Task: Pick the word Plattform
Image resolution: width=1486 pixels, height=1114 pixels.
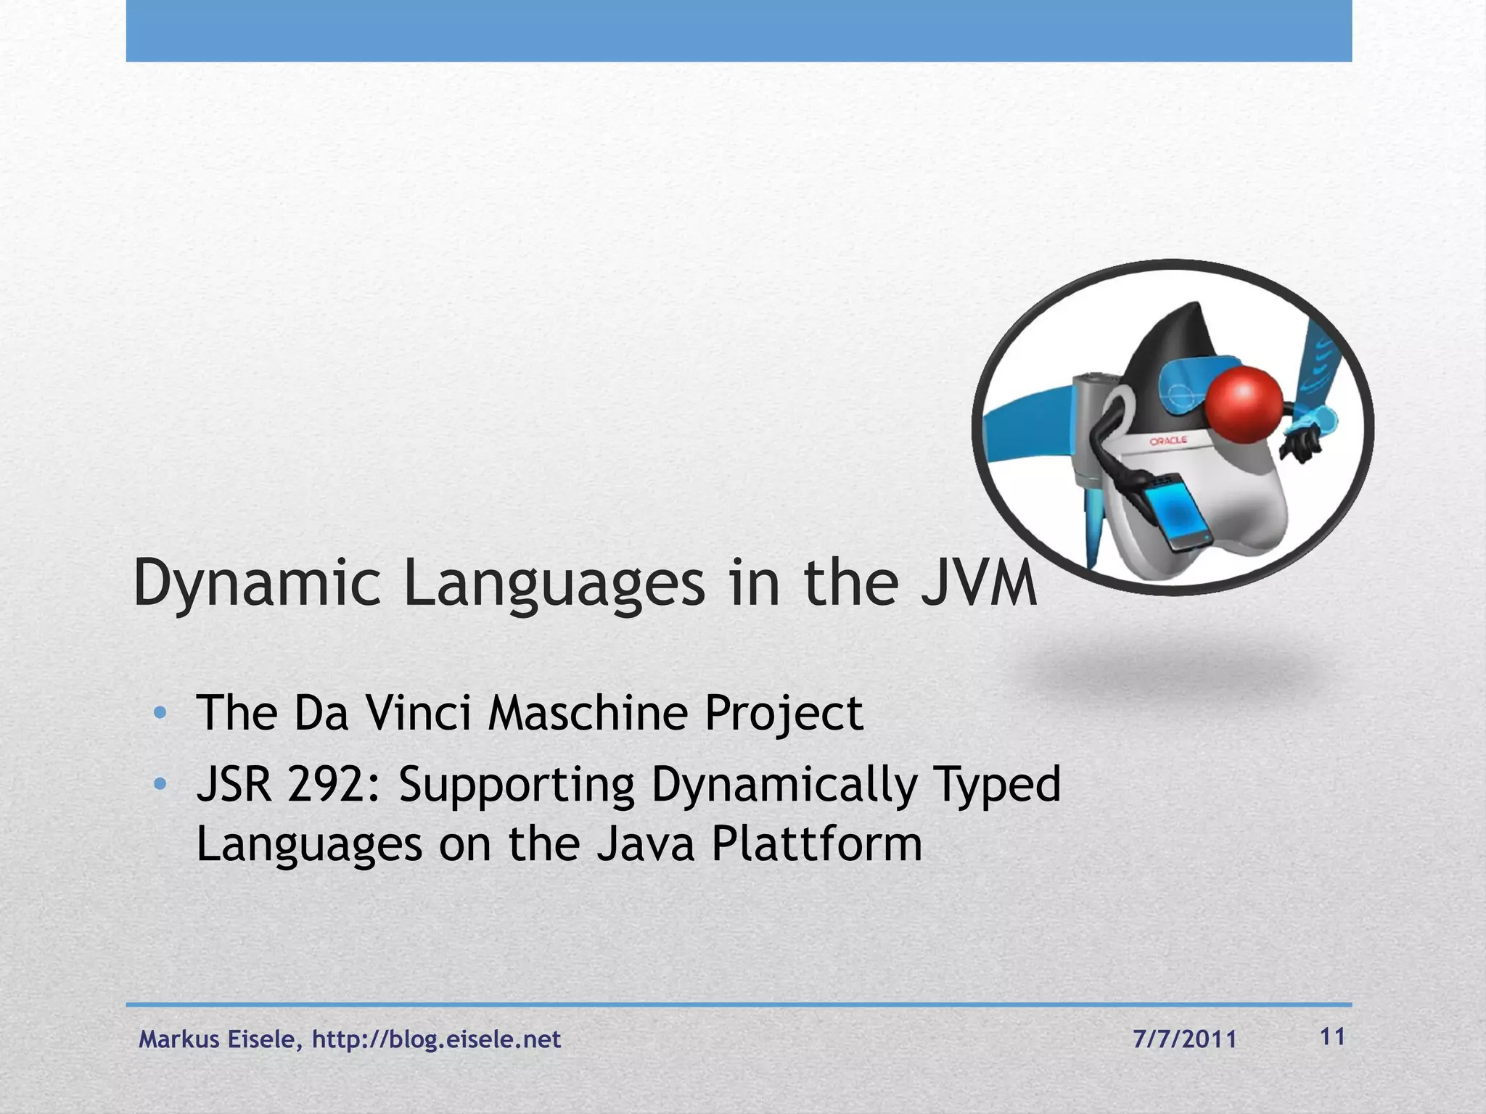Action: point(816,845)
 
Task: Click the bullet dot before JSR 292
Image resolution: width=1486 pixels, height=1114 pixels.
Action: point(160,784)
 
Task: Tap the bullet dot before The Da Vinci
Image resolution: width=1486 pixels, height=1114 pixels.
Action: point(160,713)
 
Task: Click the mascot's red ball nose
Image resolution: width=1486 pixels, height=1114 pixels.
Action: point(1245,405)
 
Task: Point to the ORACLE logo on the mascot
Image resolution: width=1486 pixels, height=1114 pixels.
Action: point(1168,441)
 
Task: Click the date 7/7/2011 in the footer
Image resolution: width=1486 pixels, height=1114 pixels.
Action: point(1184,1039)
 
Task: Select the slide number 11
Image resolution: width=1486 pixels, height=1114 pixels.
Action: point(1333,1037)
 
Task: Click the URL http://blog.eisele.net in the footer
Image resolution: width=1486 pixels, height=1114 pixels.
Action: point(436,1039)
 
